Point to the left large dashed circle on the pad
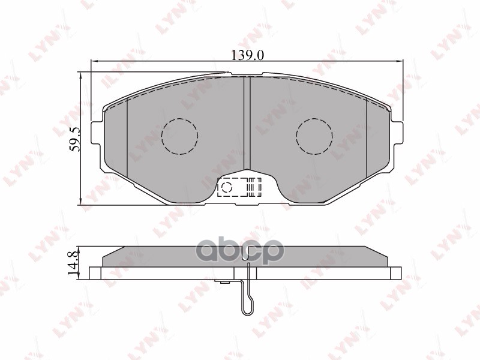(x=179, y=136)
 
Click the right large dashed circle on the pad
(x=314, y=136)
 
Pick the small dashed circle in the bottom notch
(x=227, y=188)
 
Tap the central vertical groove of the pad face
(x=247, y=126)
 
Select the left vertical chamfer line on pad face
(x=128, y=138)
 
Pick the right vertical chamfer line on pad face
(x=366, y=138)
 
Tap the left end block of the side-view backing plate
(x=95, y=274)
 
